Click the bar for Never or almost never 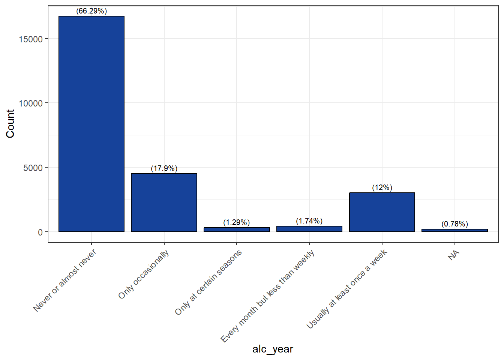pyautogui.click(x=91, y=124)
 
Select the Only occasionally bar pyautogui.click(x=164, y=203)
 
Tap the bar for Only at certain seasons pyautogui.click(x=237, y=230)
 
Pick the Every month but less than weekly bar pyautogui.click(x=309, y=229)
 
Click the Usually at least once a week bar pyautogui.click(x=382, y=212)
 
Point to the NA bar pyautogui.click(x=455, y=230)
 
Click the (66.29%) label pyautogui.click(x=91, y=11)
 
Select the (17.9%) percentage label pyautogui.click(x=164, y=168)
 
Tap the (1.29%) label pyautogui.click(x=237, y=222)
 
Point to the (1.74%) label pyautogui.click(x=309, y=221)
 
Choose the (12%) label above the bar pyautogui.click(x=382, y=187)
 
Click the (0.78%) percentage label pyautogui.click(x=455, y=224)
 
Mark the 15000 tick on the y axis pyautogui.click(x=31, y=39)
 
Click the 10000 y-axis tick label pyautogui.click(x=31, y=103)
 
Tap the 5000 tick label pyautogui.click(x=33, y=168)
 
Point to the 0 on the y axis pyautogui.click(x=40, y=232)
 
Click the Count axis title pyautogui.click(x=10, y=124)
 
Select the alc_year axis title pyautogui.click(x=273, y=349)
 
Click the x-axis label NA pyautogui.click(x=453, y=255)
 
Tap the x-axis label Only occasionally pyautogui.click(x=144, y=274)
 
